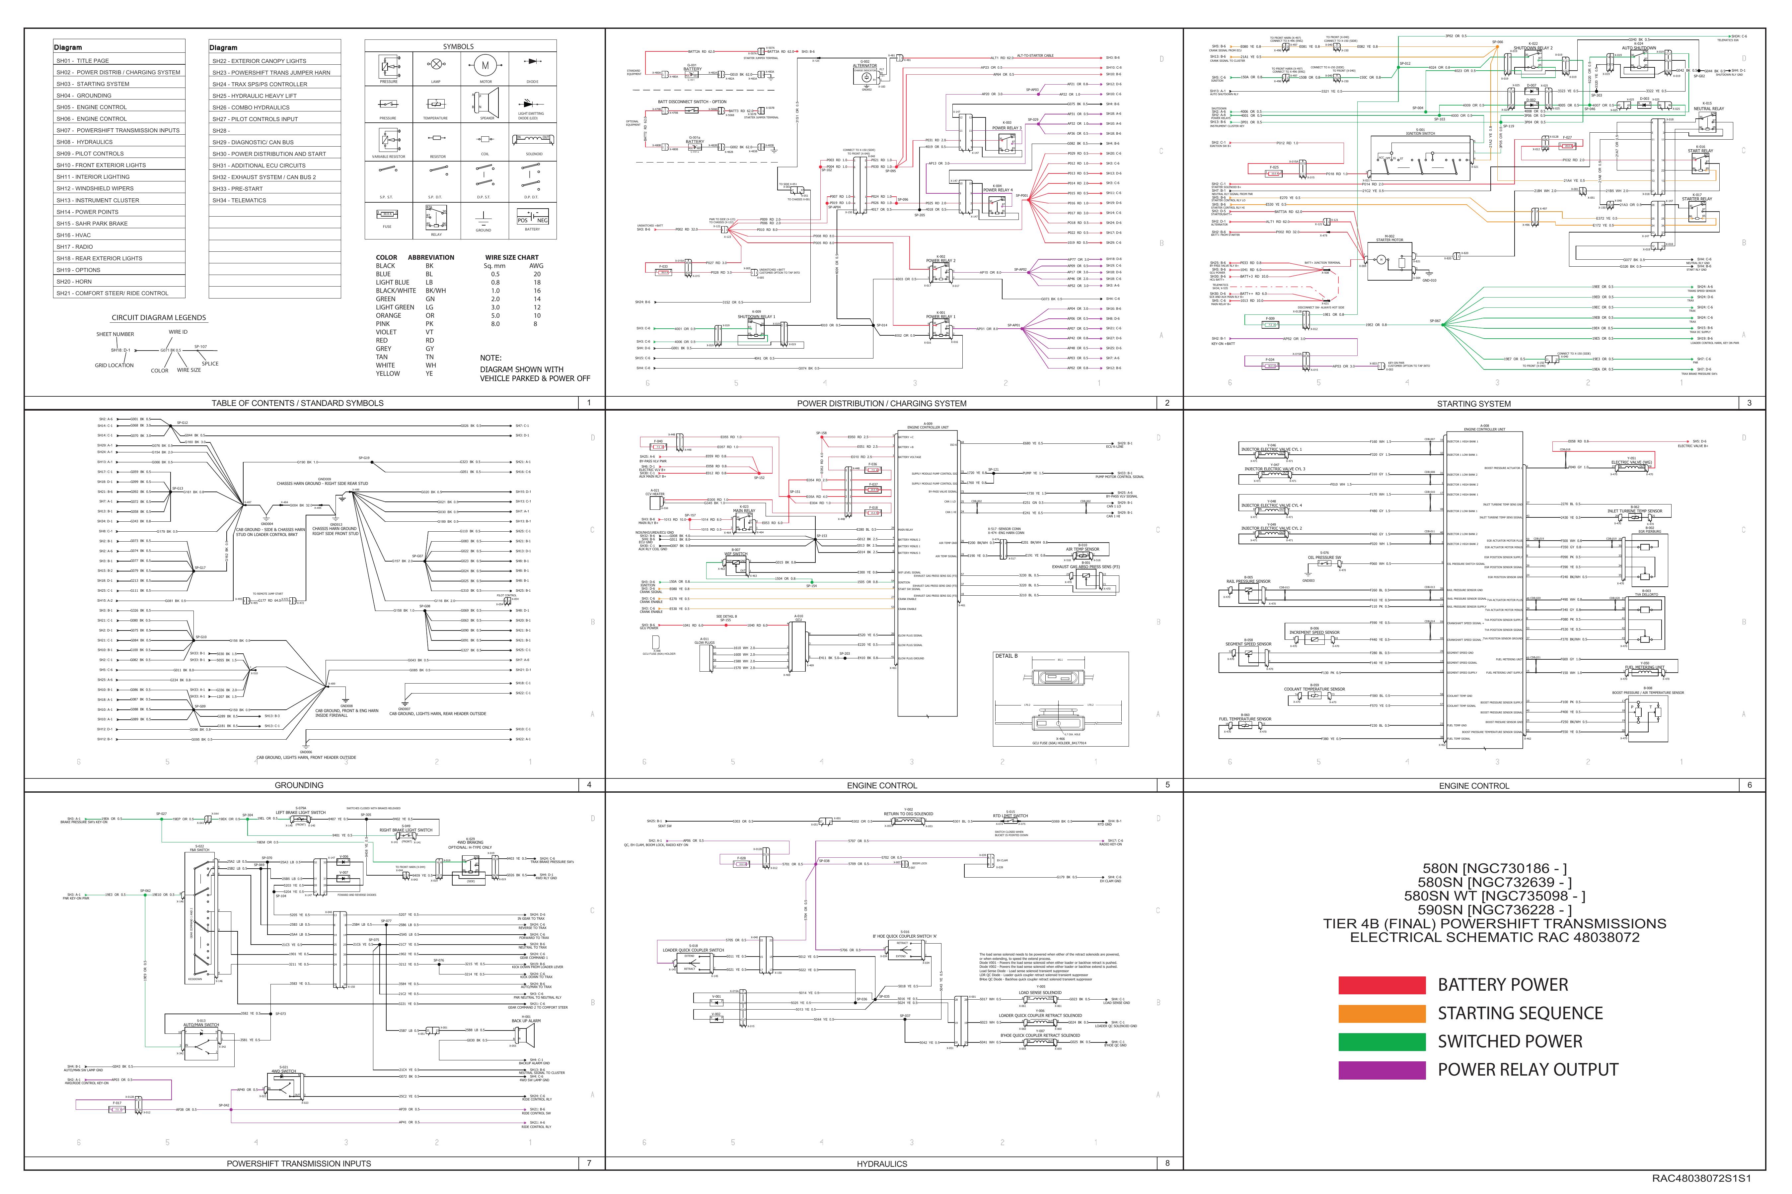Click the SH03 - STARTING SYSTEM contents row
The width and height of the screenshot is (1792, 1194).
[93, 84]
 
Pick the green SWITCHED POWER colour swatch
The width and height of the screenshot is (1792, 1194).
[1381, 1042]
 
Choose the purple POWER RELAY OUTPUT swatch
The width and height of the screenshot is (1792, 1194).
[1381, 1070]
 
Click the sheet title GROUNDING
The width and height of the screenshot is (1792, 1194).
[299, 785]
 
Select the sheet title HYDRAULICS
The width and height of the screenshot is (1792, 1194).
[881, 1163]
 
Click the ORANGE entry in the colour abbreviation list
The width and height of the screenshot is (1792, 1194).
[389, 315]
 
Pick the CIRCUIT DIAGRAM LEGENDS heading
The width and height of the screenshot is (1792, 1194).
[159, 317]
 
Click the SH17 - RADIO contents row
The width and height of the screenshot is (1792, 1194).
[75, 247]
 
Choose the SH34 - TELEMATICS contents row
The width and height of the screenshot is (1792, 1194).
[239, 200]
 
